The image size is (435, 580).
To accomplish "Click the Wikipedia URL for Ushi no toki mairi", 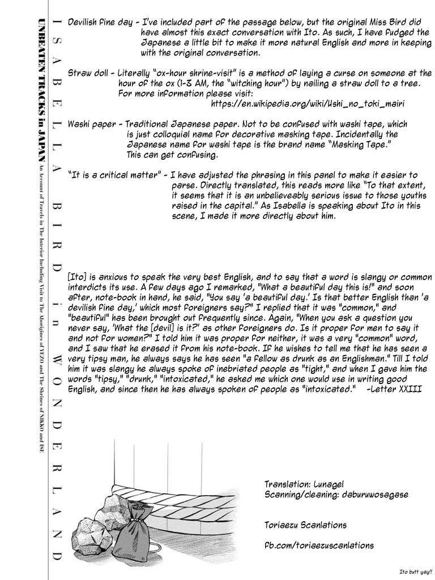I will tap(308, 104).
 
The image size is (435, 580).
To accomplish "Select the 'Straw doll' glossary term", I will tap(89, 73).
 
